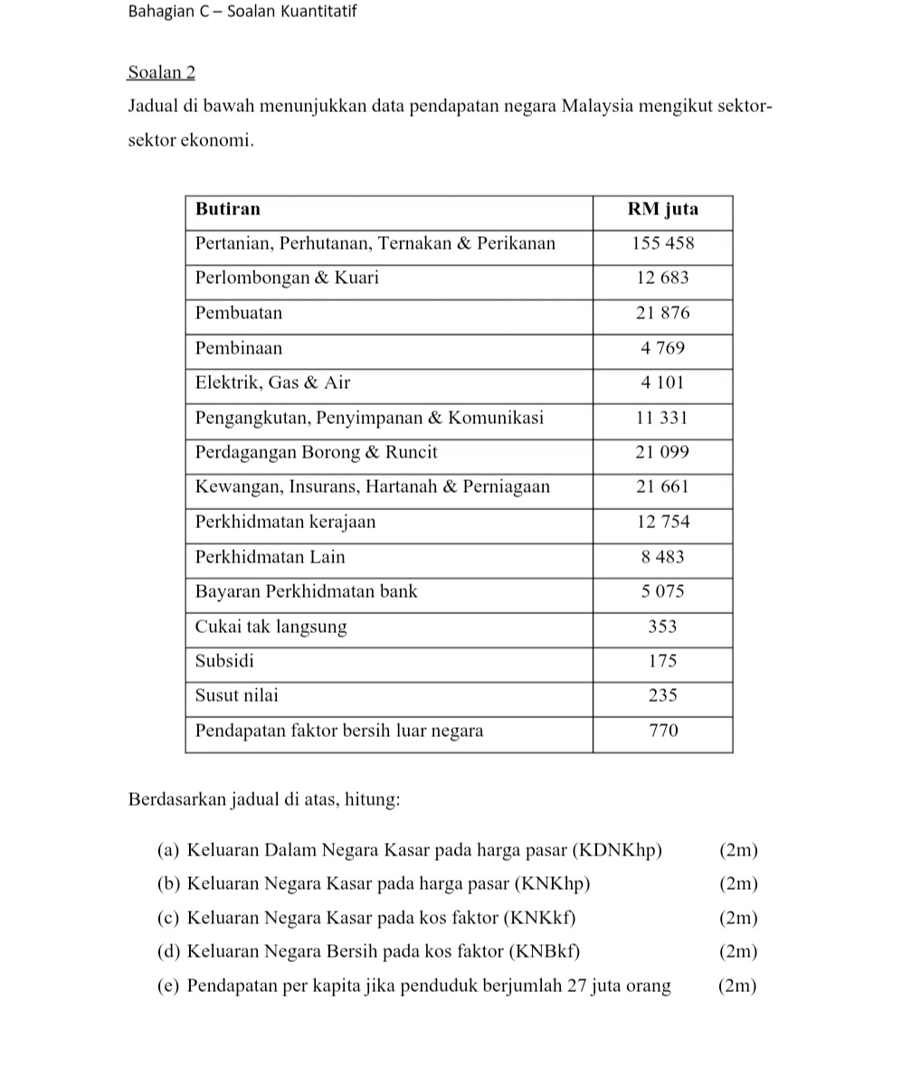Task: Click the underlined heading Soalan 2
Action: point(162,72)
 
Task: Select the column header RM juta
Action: point(663,209)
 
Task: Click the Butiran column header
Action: point(228,209)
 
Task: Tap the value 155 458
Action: point(663,243)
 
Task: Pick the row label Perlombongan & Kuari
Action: point(287,278)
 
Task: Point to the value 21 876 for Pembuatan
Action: point(663,313)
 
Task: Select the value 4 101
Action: point(663,382)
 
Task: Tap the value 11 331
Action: point(663,418)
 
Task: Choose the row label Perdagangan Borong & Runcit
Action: point(317,452)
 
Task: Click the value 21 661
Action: point(663,486)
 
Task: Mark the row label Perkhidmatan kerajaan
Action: point(285,522)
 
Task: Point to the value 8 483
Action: point(663,557)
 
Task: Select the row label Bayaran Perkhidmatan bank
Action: point(307,591)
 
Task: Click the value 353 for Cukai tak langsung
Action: point(663,627)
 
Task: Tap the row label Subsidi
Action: point(225,661)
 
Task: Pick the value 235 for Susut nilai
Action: point(663,695)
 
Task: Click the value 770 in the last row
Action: point(663,731)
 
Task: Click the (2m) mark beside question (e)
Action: point(737,986)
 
